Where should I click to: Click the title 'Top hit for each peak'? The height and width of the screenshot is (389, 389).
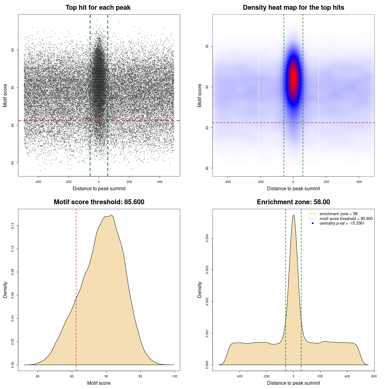[x=98, y=8]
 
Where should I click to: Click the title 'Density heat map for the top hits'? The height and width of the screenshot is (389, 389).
[x=293, y=8]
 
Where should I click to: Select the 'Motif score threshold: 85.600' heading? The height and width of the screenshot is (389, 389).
[x=99, y=202]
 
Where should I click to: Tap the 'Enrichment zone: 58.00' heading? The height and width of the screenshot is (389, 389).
[x=293, y=202]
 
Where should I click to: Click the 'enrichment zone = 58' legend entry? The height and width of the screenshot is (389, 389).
[x=338, y=214]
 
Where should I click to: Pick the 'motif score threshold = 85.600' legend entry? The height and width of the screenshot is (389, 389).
[x=346, y=219]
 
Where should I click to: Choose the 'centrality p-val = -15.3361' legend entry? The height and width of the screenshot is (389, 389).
[x=342, y=223]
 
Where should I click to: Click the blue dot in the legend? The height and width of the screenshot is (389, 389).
[x=313, y=223]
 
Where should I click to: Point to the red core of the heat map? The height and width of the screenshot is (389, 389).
[x=294, y=77]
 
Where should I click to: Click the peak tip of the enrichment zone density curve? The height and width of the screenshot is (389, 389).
[x=293, y=215]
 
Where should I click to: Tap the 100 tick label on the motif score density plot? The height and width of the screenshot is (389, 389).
[x=174, y=376]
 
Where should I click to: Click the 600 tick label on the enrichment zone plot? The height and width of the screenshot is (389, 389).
[x=374, y=376]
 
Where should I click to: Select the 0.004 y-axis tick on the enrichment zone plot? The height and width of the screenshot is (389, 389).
[x=207, y=238]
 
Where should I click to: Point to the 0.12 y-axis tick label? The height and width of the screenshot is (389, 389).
[x=13, y=225]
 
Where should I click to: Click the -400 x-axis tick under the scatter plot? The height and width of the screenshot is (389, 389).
[x=38, y=182]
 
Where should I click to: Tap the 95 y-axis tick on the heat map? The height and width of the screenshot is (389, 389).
[x=207, y=46]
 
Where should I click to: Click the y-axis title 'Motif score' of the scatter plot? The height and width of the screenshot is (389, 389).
[x=5, y=95]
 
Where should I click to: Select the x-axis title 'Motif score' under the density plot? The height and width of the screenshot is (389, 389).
[x=99, y=383]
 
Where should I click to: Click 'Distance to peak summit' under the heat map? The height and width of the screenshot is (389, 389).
[x=293, y=188]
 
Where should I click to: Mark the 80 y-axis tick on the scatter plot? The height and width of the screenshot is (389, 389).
[x=13, y=163]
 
